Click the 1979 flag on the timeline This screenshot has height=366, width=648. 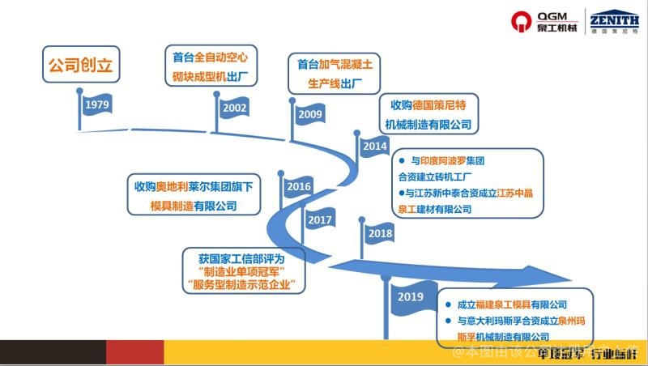pos(97,106)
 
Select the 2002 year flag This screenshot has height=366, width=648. pos(234,107)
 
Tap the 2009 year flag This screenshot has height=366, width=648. pos(309,114)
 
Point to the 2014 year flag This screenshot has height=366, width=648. pos(374,147)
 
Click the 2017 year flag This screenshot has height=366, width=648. pos(320,219)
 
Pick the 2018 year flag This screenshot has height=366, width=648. pos(379,233)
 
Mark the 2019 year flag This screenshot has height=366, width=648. pos(411,297)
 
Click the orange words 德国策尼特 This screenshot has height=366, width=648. pos(434,105)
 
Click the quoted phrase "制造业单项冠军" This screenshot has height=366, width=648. pos(241,270)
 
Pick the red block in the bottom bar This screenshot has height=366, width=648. pos(134,352)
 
